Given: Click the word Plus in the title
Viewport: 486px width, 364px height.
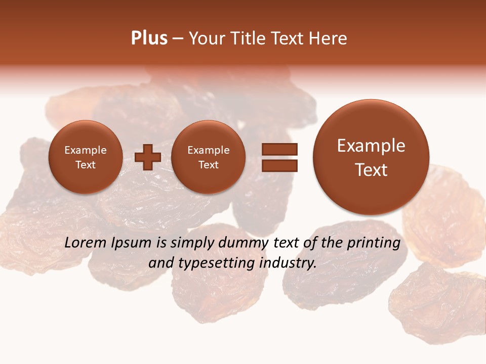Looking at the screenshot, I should (149, 38).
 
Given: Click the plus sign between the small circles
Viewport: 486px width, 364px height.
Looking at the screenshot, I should (148, 157).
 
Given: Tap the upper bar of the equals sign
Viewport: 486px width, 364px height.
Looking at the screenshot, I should (279, 149).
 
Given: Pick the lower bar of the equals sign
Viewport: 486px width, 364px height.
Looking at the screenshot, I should (279, 165).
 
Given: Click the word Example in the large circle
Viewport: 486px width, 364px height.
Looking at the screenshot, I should (371, 146).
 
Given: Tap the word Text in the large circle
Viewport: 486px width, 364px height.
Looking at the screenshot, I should (371, 170).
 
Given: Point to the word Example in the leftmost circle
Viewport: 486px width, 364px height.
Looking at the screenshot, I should (85, 150).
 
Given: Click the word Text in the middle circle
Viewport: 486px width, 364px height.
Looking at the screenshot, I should (208, 165).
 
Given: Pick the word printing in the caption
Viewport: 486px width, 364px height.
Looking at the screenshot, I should (374, 243).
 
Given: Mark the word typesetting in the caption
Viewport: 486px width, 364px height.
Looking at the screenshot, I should (220, 263).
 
